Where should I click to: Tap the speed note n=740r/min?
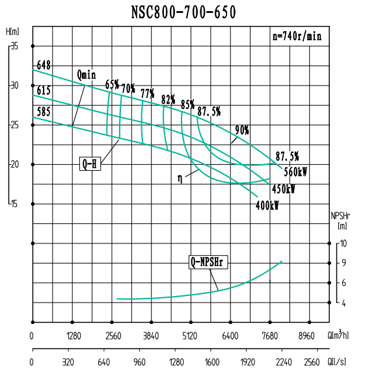[297, 37]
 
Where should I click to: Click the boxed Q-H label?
[90, 164]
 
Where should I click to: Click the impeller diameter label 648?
[44, 64]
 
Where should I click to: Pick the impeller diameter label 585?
[44, 112]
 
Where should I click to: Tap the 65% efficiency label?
[112, 84]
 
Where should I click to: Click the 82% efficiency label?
[169, 99]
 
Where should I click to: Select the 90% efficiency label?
[242, 130]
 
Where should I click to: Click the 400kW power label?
[267, 205]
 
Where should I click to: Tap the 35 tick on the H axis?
[14, 46]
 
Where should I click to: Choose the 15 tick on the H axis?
[14, 204]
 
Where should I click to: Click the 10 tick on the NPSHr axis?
[344, 243]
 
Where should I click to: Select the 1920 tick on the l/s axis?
[247, 363]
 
